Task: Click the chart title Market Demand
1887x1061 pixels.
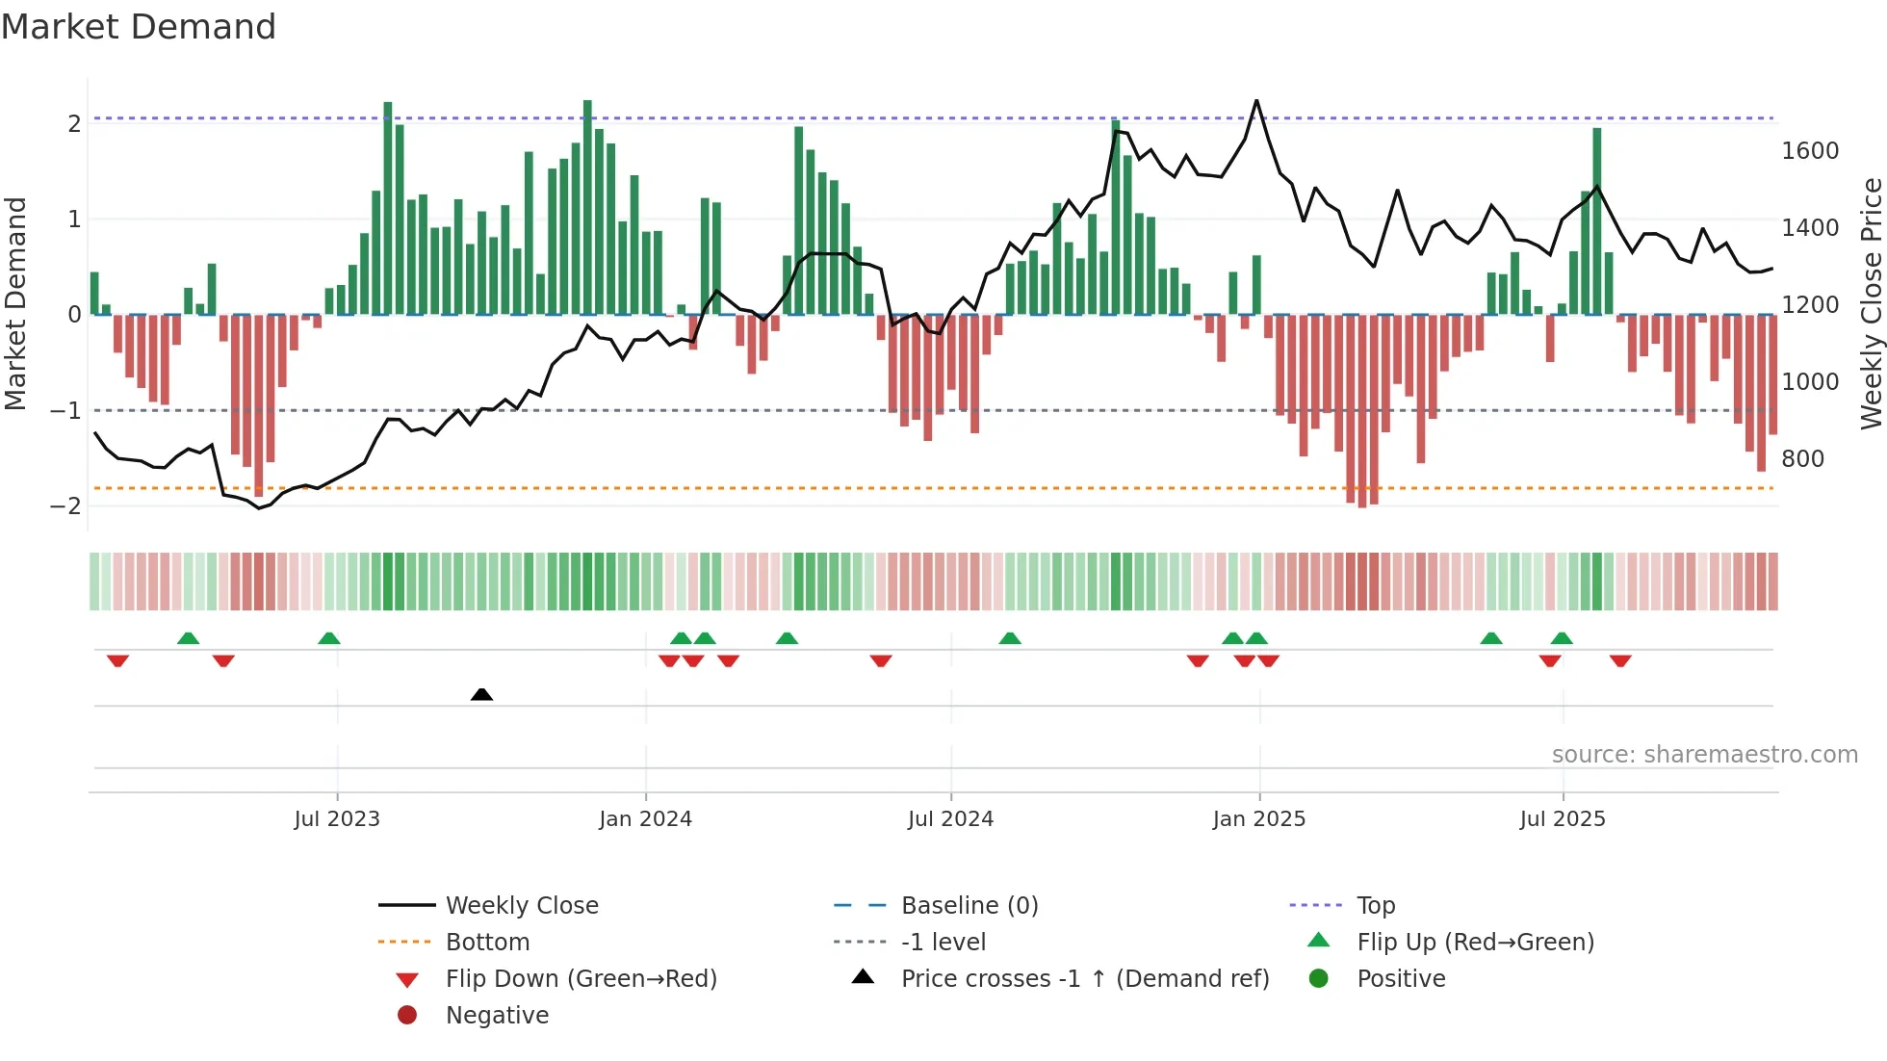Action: (139, 27)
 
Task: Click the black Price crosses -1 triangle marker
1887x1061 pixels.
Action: (481, 694)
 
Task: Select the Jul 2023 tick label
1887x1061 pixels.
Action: (337, 819)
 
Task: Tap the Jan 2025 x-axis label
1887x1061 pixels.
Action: (1258, 819)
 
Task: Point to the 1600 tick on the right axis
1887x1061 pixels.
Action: (1809, 151)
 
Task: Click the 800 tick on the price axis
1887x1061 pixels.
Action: (1802, 459)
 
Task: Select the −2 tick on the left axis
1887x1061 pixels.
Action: (65, 506)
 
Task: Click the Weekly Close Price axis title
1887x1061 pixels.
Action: (1871, 303)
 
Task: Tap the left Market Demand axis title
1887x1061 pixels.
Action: (15, 303)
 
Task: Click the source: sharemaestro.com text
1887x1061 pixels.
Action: (1704, 755)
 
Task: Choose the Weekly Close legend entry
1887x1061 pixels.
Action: (521, 906)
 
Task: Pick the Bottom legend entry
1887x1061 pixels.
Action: (487, 943)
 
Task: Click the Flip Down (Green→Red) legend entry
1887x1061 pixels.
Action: (581, 979)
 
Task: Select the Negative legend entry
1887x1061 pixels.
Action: (497, 1016)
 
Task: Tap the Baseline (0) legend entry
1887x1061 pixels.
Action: (969, 906)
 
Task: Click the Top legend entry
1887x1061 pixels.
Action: (1375, 906)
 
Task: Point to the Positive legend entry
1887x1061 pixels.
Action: (1400, 979)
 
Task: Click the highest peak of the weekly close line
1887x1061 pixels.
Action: (1256, 101)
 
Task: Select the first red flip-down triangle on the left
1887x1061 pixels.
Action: (117, 661)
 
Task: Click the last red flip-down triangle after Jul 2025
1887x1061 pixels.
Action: (1620, 661)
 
